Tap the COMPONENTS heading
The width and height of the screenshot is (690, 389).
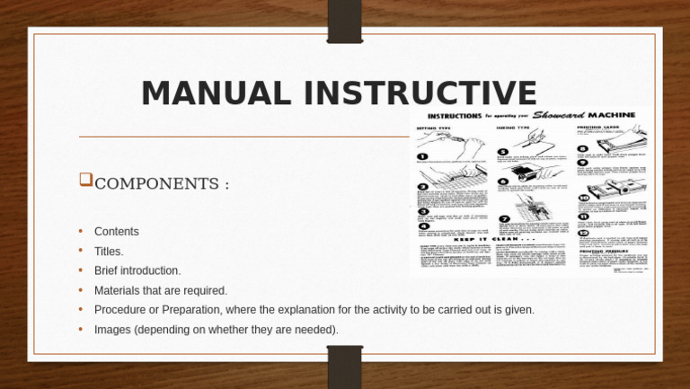pos(162,184)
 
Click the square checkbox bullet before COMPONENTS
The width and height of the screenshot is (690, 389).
pos(85,180)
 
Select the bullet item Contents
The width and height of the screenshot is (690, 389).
pos(117,232)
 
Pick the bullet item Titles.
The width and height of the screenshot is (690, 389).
pos(109,252)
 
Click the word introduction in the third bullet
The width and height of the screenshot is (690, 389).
pos(151,270)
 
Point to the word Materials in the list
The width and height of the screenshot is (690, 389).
pos(119,290)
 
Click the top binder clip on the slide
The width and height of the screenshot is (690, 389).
pos(344,20)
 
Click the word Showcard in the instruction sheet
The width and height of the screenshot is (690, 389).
pos(559,115)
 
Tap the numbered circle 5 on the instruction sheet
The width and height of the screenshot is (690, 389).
pos(503,152)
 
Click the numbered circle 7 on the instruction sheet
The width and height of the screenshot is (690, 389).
pos(503,218)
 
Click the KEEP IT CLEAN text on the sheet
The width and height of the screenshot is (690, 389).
pos(489,240)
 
